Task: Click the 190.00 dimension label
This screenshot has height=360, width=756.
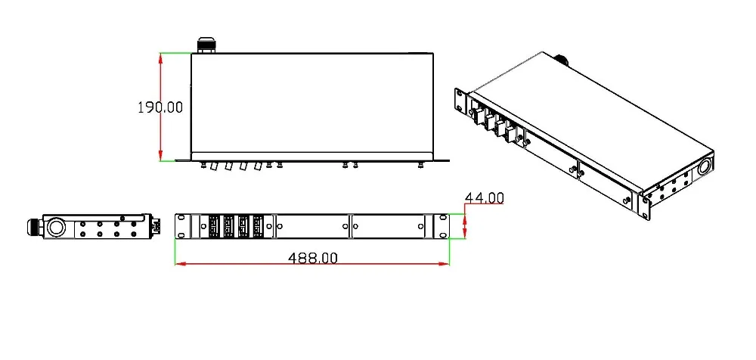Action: tap(160, 107)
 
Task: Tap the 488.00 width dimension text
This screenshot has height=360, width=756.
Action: tap(313, 258)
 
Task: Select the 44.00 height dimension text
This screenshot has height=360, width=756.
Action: tap(484, 198)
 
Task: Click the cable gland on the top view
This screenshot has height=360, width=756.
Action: tap(206, 46)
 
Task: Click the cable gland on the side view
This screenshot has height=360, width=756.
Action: tap(36, 226)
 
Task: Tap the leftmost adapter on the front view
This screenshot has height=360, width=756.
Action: tap(214, 226)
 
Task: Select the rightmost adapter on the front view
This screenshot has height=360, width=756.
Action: tap(259, 226)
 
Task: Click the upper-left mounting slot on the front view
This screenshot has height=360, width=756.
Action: tap(181, 217)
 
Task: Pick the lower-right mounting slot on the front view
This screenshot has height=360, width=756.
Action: tap(442, 235)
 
